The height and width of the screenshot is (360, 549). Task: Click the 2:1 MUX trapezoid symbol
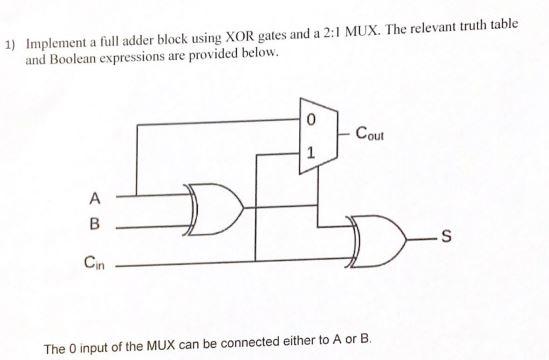[311, 136]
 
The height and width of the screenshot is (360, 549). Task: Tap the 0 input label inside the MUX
[310, 120]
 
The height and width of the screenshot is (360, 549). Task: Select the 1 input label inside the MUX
[311, 154]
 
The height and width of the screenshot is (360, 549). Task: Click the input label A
[96, 194]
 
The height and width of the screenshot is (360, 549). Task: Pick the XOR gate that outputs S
[378, 238]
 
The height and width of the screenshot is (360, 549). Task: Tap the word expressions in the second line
[160, 55]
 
